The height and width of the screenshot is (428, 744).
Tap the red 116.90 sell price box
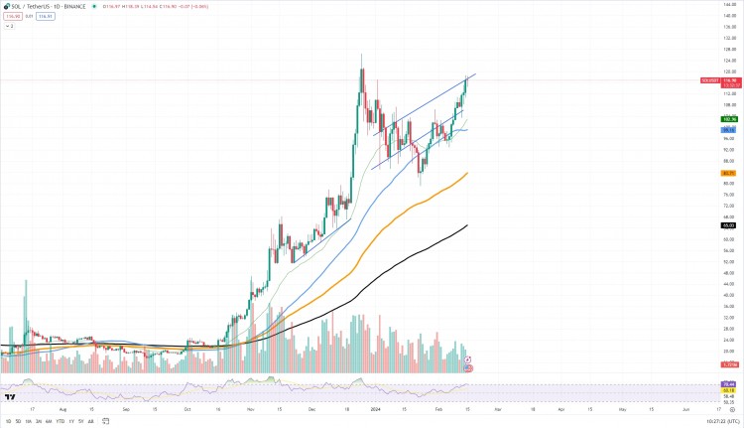(x=13, y=16)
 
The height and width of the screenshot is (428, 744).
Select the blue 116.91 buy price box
(x=45, y=16)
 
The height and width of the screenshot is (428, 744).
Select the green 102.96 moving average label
(x=727, y=119)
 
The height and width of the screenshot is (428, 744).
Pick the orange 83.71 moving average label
(x=727, y=173)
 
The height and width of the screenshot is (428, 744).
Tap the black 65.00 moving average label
(x=727, y=225)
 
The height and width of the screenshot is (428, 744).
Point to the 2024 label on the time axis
(x=377, y=408)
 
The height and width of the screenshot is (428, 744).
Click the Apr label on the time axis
(x=561, y=408)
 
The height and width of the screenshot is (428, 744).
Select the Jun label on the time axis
(x=686, y=408)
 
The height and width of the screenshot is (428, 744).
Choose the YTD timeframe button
(x=60, y=421)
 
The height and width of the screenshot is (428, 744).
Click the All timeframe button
(x=91, y=421)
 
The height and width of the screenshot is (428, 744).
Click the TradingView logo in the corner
(x=9, y=397)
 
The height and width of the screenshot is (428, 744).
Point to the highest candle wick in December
(x=362, y=55)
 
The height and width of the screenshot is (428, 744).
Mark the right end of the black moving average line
(x=467, y=225)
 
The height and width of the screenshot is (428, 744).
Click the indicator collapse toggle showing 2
(x=9, y=26)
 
